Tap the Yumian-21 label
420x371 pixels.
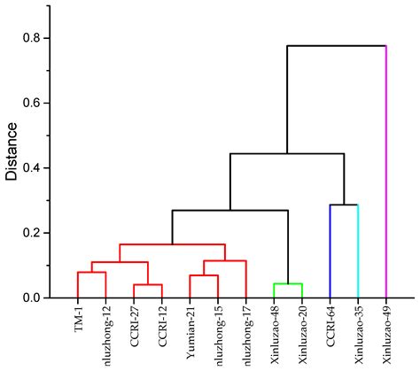click(x=191, y=327)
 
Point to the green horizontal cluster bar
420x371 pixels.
click(x=288, y=283)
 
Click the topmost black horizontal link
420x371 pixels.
click(x=337, y=46)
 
